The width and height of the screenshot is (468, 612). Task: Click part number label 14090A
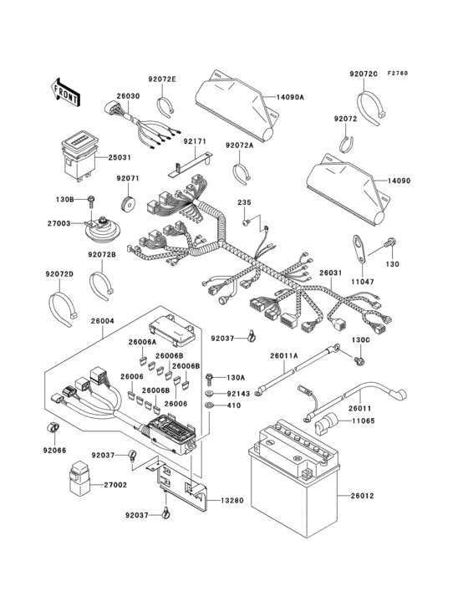291,97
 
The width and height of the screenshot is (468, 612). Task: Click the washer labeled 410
209,406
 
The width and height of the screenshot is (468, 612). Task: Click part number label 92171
195,142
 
